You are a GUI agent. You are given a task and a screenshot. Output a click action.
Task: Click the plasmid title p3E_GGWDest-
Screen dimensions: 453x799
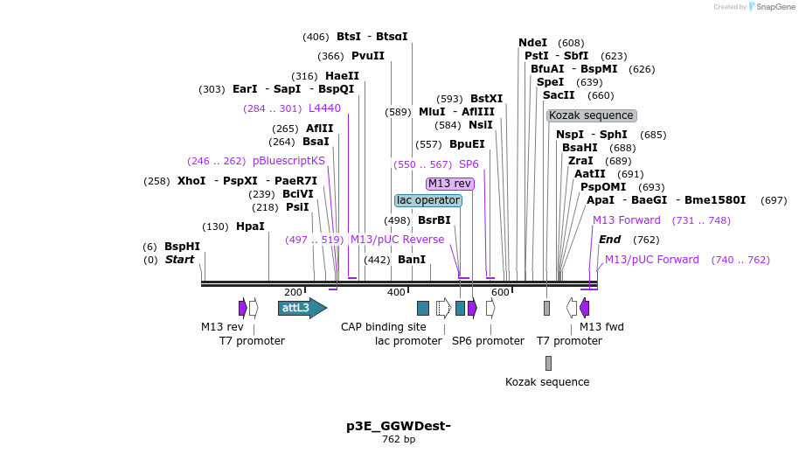tap(398, 426)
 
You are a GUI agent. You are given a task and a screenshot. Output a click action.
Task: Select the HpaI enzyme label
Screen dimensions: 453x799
tap(250, 226)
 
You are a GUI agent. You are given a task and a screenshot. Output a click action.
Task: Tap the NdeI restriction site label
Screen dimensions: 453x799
tap(532, 43)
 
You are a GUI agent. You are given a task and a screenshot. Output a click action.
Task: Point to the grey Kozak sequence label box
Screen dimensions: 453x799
tap(592, 115)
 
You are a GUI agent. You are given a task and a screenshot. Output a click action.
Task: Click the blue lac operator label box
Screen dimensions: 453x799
tap(428, 200)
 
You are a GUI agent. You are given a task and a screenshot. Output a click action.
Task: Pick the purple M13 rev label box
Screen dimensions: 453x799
tap(450, 184)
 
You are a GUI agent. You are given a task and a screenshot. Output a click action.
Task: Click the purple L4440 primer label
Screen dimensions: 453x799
tap(324, 108)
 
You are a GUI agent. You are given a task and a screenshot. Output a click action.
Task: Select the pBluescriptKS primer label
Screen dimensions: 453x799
tap(288, 161)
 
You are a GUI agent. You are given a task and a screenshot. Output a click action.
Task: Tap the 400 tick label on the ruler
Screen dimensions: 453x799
tap(396, 292)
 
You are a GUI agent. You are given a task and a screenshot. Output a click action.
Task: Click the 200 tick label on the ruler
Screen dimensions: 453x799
tap(293, 292)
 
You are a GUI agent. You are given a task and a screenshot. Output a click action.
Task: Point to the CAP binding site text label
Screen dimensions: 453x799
tap(384, 327)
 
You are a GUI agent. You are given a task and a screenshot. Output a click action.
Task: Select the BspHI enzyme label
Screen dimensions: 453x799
tap(182, 247)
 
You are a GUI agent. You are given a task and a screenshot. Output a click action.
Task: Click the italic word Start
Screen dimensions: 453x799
tap(179, 260)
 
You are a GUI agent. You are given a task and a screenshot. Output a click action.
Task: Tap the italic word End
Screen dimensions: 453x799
tap(609, 240)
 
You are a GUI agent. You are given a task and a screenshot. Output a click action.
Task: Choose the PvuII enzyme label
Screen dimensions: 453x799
tap(368, 56)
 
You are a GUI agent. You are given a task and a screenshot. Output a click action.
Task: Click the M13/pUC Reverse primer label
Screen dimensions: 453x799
tap(397, 240)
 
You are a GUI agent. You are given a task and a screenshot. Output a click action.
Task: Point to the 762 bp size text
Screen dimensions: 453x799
tap(399, 439)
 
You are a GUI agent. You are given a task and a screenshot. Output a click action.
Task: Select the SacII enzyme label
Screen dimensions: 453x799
tap(559, 95)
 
